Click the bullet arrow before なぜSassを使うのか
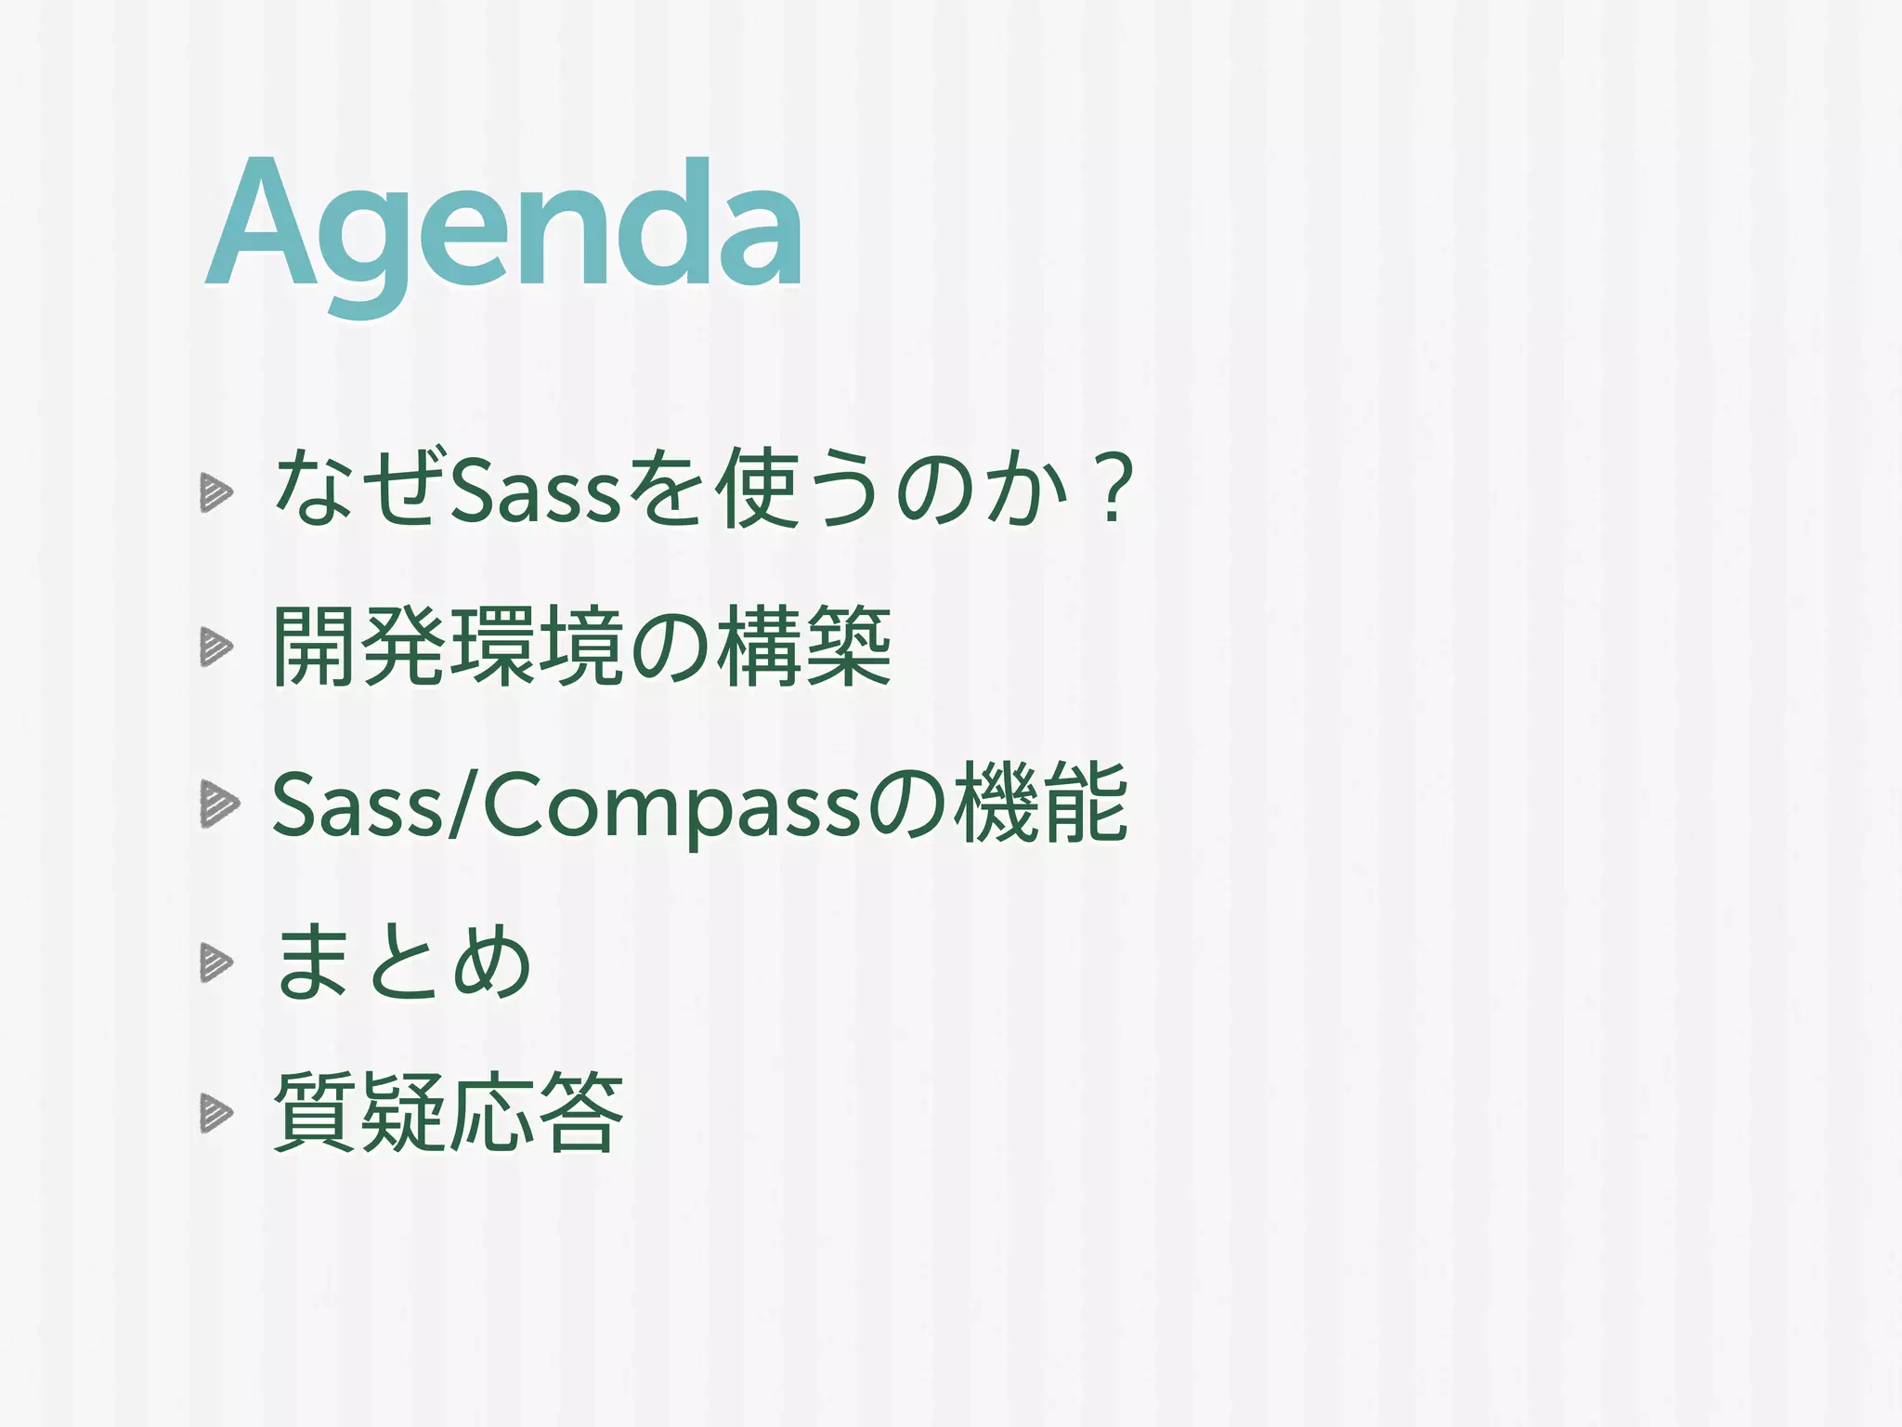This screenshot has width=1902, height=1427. click(215, 492)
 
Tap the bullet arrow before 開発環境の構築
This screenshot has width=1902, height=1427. click(215, 647)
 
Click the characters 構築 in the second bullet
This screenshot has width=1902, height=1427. click(804, 647)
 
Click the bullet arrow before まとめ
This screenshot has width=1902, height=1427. click(215, 962)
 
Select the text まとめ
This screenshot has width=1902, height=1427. click(401, 962)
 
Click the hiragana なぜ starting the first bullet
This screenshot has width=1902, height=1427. click(355, 488)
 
